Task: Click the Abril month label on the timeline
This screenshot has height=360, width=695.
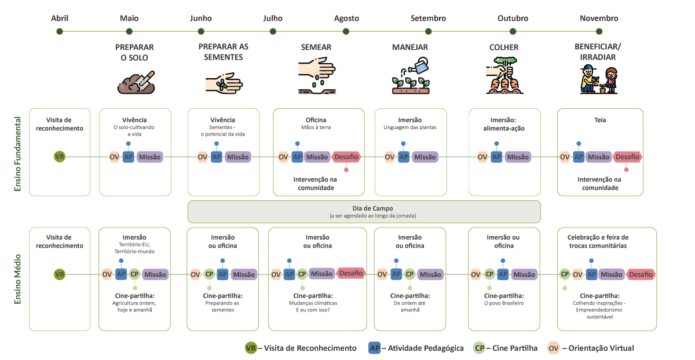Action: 60,19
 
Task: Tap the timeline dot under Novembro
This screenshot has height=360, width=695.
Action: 599,31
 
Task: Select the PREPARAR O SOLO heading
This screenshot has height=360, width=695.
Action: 135,52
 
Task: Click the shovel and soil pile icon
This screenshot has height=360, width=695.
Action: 137,83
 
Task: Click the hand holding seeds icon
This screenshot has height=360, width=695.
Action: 224,83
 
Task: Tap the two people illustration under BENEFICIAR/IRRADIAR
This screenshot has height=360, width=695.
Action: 599,80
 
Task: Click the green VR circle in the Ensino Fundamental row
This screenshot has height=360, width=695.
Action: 59,156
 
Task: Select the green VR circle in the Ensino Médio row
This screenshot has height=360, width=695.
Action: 59,274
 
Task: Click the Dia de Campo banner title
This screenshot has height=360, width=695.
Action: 364,208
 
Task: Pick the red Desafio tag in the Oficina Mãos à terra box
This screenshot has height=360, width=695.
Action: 346,156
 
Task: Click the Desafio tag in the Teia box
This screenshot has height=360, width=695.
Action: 627,156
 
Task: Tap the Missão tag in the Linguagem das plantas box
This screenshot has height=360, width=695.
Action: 425,157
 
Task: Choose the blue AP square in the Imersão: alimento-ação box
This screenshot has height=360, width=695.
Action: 496,156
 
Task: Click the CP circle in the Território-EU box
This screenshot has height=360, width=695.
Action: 134,274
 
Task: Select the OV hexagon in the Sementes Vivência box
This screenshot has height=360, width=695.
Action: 203,157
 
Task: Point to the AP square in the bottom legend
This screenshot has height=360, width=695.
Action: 375,348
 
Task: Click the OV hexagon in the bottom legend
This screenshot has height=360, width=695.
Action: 554,348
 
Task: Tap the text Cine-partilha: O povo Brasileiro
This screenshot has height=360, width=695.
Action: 503,299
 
